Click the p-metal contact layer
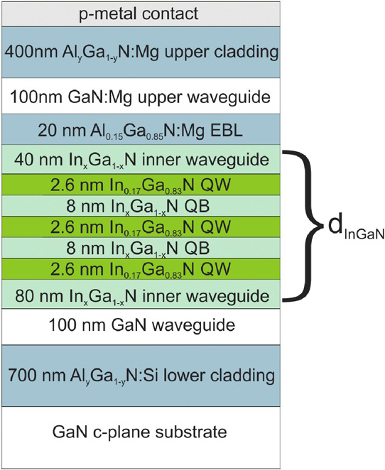click(x=141, y=13)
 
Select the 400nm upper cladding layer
click(x=141, y=52)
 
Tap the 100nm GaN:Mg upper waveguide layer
click(x=141, y=96)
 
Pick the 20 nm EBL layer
click(x=141, y=129)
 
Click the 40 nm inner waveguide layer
click(x=141, y=160)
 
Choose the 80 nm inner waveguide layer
click(x=141, y=294)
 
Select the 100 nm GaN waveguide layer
click(x=141, y=327)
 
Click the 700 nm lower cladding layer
click(x=141, y=376)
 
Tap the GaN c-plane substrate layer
click(x=141, y=437)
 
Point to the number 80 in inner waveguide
click(x=23, y=296)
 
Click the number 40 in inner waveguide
click(x=23, y=160)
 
